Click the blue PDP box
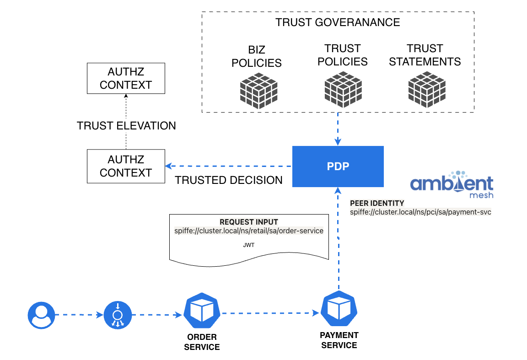point(338,167)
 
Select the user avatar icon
point(41,315)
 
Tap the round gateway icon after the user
point(118,315)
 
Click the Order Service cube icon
point(202,312)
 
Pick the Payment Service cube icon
point(339,309)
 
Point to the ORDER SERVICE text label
point(202,342)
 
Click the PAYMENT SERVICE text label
point(339,340)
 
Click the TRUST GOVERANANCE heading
point(338,22)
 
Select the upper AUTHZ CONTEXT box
point(126,78)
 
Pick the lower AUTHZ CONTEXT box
point(126,166)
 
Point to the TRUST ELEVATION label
point(126,126)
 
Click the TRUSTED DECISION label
point(229,180)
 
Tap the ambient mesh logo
point(452,184)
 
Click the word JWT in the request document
point(249,245)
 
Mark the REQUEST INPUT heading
point(249,222)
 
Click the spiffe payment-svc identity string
point(420,212)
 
